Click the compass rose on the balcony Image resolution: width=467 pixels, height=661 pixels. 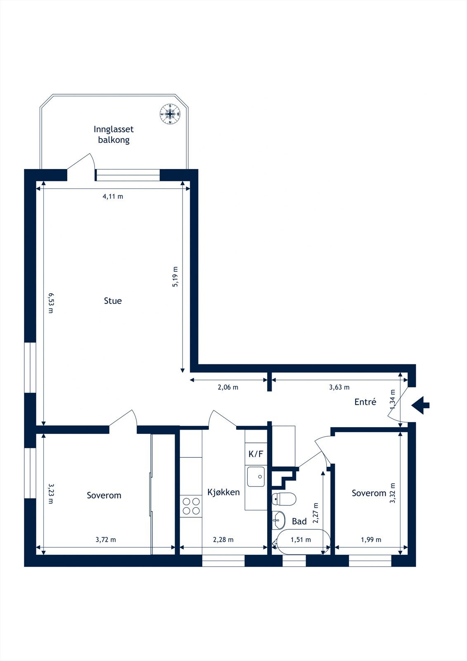tap(170, 114)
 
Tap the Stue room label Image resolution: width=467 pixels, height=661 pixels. tap(113, 301)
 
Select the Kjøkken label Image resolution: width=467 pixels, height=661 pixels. tap(223, 492)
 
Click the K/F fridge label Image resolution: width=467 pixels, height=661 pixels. tap(256, 454)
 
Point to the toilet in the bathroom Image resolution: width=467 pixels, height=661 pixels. tap(284, 498)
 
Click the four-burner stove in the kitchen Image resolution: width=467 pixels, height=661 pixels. tap(191, 506)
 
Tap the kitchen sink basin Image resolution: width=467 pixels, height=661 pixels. tap(256, 477)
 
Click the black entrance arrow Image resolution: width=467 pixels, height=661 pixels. tap(421, 405)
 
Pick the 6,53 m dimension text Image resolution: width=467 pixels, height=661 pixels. tap(51, 303)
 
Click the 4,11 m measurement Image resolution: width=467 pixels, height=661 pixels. tap(113, 196)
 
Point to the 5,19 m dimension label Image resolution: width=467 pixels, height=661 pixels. tap(175, 276)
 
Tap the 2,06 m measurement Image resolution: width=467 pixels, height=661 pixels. tap(228, 387)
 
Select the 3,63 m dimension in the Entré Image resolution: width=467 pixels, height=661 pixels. tap(339, 387)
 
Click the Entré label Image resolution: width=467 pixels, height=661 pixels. tap(365, 402)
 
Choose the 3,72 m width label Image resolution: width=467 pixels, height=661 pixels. tap(106, 540)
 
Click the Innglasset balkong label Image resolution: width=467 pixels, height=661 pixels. tap(114, 134)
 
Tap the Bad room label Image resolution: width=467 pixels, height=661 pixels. tap(299, 521)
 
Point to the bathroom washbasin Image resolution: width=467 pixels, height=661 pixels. tap(278, 520)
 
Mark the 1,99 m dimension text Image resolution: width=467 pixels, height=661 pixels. tap(371, 540)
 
